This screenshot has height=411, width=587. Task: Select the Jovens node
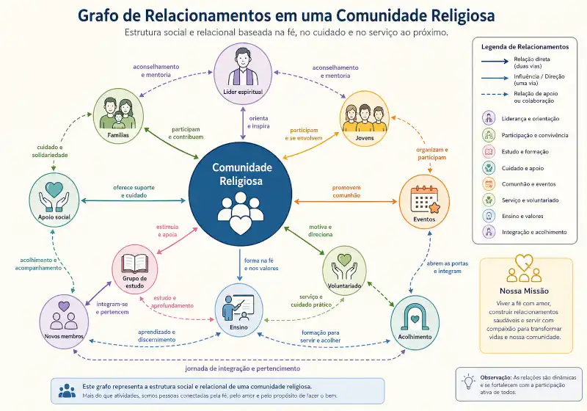365,118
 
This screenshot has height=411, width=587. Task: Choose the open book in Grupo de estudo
135,263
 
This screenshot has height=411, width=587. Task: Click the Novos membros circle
64,321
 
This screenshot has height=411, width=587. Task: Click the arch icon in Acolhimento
415,317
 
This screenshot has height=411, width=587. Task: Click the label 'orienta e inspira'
259,123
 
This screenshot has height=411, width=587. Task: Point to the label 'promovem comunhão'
346,192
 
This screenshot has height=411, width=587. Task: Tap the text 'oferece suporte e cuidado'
134,192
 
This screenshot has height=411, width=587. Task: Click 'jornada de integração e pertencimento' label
243,368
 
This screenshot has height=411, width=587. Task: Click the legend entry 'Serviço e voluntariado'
530,200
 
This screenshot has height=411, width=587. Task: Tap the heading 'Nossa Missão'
524,291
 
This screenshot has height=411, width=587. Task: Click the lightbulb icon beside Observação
468,382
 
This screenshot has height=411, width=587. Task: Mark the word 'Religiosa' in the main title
463,15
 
